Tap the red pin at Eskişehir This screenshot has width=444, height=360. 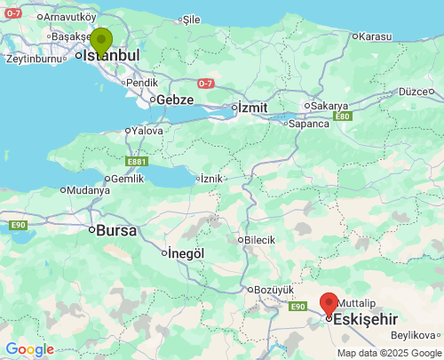point(329,304)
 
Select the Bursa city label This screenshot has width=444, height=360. point(115,230)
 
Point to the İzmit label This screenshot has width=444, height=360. point(251,108)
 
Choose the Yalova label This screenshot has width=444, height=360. point(147,130)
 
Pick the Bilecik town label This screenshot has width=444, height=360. point(259,240)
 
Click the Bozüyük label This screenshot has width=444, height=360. point(274,290)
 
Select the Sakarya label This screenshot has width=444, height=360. point(329,106)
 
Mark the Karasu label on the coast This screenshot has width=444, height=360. point(373,36)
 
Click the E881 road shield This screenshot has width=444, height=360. point(137,162)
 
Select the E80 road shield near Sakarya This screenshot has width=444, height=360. point(343,116)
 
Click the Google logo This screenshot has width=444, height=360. point(29,349)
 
